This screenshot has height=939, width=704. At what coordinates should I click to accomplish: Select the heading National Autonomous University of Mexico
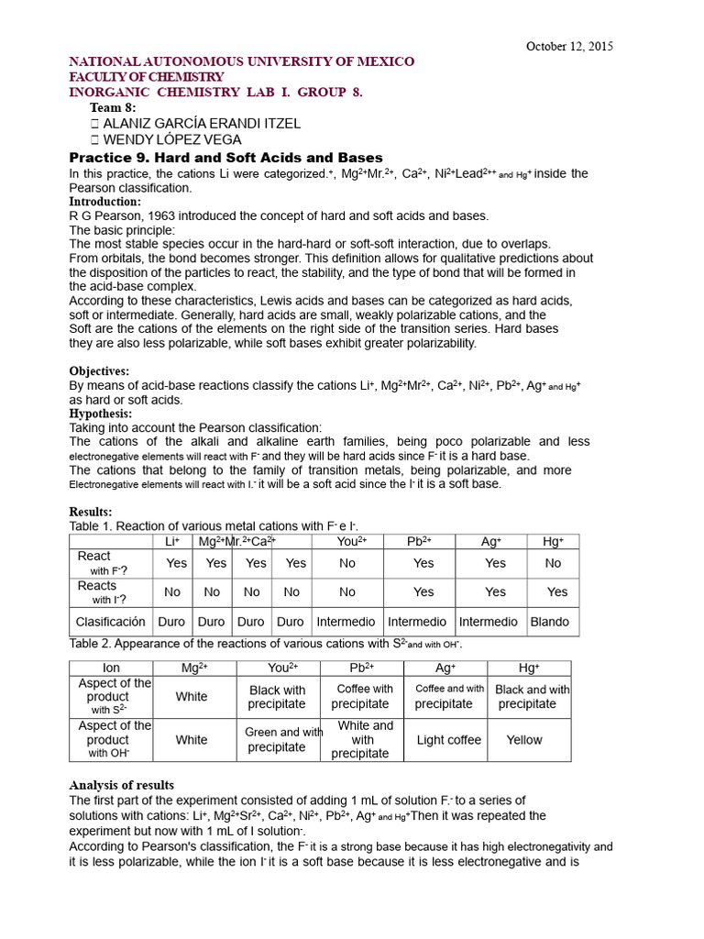click(x=242, y=61)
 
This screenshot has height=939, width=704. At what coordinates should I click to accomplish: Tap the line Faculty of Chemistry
click(x=147, y=77)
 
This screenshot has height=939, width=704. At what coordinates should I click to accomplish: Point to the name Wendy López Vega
click(x=173, y=139)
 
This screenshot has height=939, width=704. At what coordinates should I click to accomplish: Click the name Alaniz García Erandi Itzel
click(x=202, y=123)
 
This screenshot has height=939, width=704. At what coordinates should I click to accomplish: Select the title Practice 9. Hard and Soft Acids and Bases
click(x=226, y=158)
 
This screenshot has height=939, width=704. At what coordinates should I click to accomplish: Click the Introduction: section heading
click(x=105, y=202)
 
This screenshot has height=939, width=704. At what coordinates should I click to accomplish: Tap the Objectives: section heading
click(x=100, y=371)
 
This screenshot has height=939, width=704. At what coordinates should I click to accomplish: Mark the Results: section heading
click(x=91, y=512)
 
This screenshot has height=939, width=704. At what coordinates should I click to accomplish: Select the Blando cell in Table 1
click(x=549, y=622)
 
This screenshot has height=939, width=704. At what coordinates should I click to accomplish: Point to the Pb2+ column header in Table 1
click(x=419, y=542)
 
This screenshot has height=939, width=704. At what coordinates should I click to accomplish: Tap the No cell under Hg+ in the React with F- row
click(x=553, y=563)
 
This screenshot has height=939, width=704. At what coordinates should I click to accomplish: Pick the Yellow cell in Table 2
click(x=524, y=740)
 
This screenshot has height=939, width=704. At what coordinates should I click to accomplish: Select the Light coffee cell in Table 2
click(x=448, y=740)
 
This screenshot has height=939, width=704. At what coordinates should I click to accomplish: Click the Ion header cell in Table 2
click(x=109, y=668)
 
